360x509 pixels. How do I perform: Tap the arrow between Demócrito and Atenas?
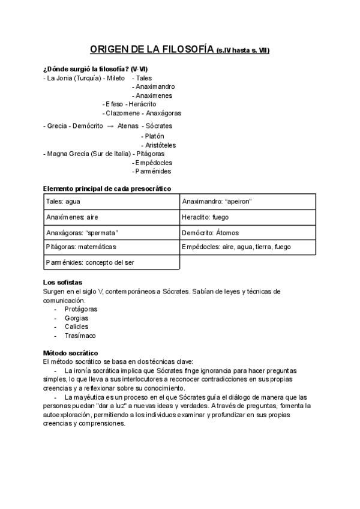click(110, 126)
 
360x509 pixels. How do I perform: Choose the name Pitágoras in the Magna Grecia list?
click(151, 154)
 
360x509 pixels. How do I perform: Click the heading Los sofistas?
click(63, 282)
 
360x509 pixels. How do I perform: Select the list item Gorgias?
click(76, 318)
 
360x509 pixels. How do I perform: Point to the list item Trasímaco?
click(80, 336)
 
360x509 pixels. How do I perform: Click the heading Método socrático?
click(71, 353)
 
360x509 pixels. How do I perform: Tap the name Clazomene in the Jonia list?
click(123, 113)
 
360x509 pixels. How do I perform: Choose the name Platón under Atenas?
click(154, 136)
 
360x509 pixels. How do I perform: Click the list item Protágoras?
click(81, 309)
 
